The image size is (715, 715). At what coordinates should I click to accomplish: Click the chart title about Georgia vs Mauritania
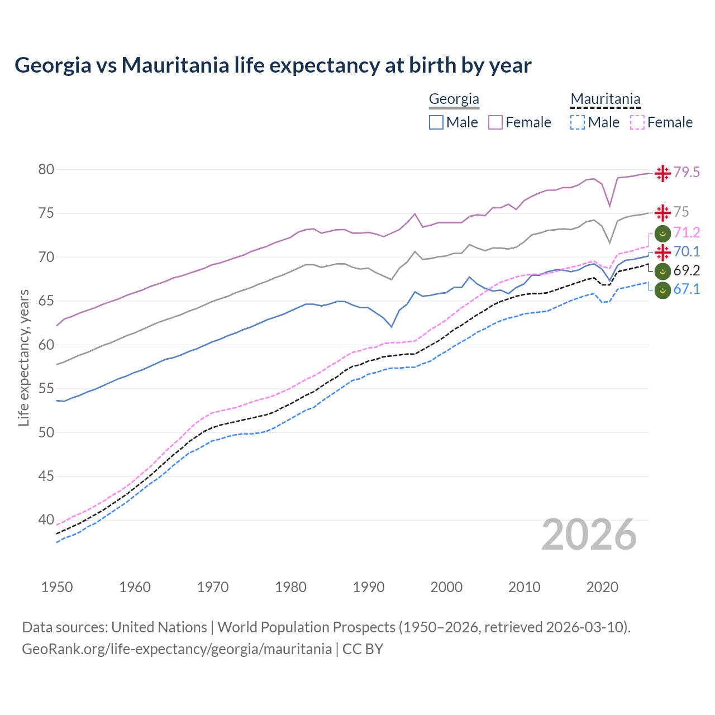(273, 65)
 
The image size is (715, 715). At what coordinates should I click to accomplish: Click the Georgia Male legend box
(436, 122)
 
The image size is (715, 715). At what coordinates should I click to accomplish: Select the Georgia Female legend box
(495, 122)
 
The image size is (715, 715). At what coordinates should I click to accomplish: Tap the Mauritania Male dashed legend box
(578, 122)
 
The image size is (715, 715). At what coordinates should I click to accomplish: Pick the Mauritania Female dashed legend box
(637, 122)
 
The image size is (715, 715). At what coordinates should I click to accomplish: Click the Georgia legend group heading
(454, 99)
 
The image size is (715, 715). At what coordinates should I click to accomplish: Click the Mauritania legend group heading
(605, 99)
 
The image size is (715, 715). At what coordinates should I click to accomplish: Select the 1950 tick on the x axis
(57, 587)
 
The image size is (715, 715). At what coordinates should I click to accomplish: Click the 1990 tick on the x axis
(369, 587)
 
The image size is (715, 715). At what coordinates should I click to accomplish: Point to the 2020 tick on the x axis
(602, 587)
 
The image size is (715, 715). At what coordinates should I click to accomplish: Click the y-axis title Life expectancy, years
(23, 357)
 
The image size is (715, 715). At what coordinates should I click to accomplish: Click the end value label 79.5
(687, 173)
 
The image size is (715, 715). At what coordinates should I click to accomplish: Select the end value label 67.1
(687, 289)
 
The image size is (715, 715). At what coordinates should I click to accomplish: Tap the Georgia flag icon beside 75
(662, 213)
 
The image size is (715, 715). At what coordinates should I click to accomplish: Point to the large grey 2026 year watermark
(589, 535)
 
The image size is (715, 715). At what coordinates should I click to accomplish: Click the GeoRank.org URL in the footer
(177, 649)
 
